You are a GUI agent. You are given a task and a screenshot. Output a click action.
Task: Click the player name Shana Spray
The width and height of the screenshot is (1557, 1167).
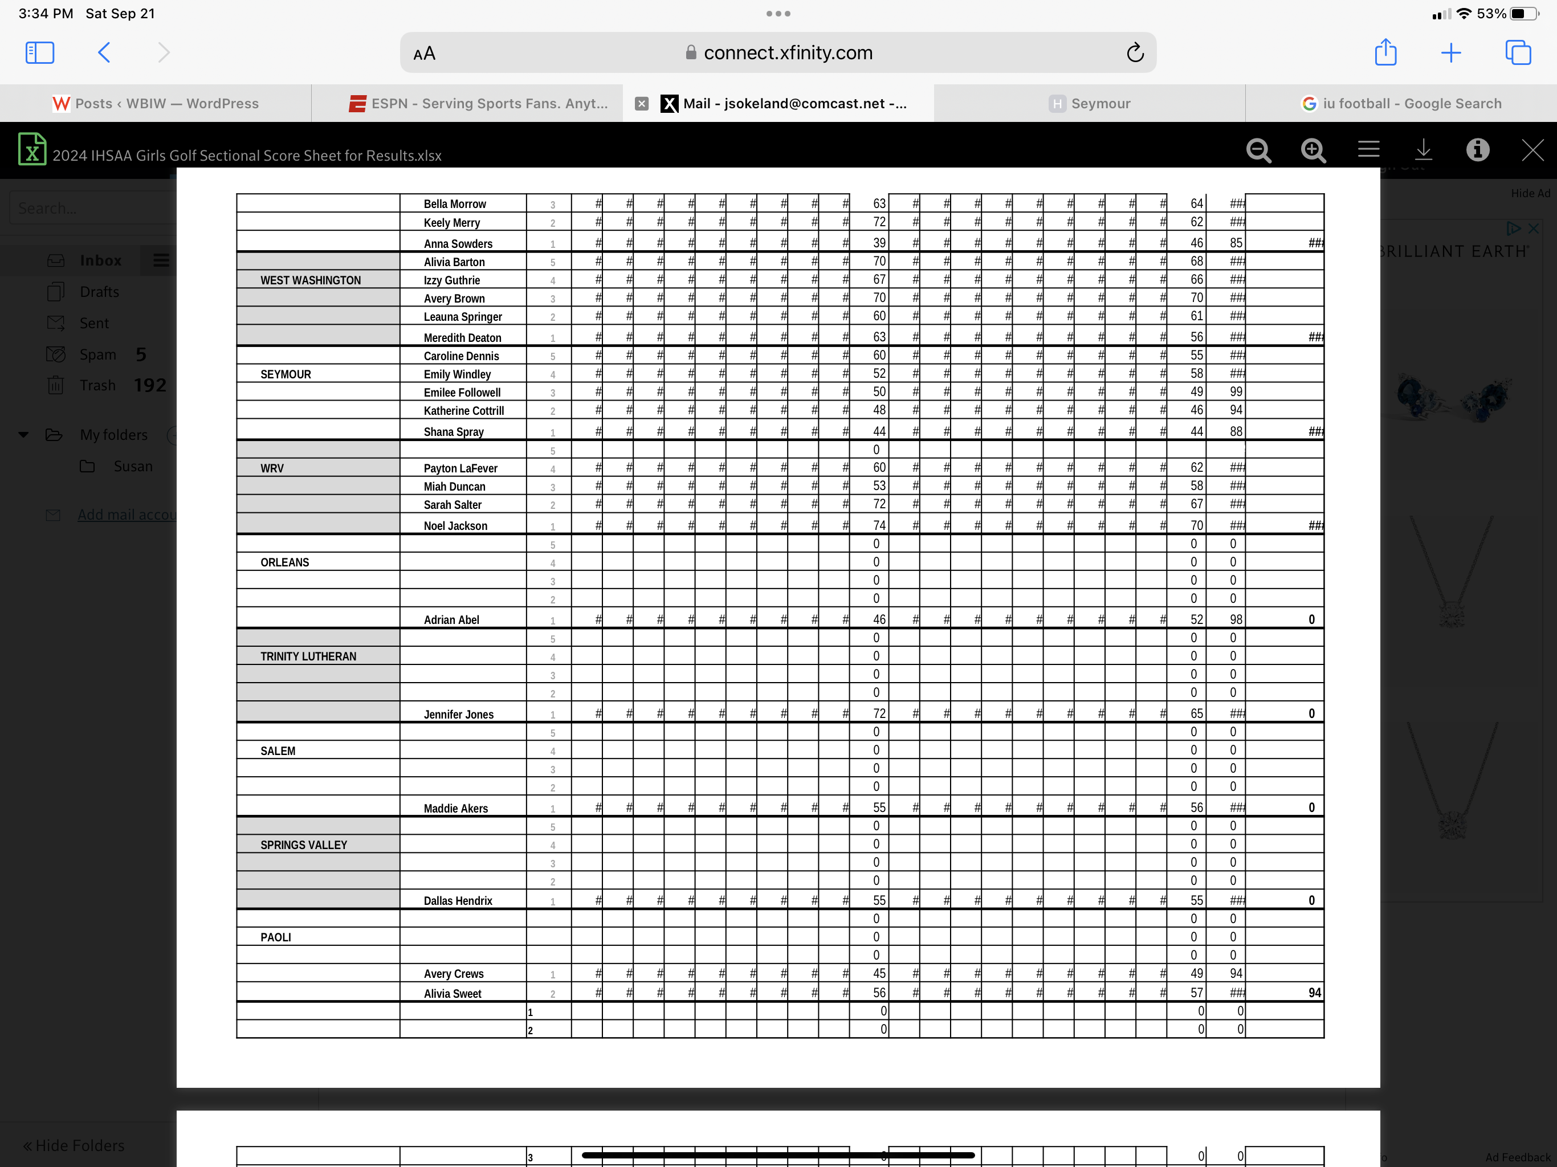click(x=453, y=431)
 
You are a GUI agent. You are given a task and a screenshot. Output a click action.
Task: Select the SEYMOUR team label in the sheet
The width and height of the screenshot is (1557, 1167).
click(x=285, y=374)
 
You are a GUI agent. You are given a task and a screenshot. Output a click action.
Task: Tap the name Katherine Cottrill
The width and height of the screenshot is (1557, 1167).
click(x=463, y=410)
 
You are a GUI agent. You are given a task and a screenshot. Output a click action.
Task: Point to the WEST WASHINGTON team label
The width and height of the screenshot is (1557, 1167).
click(x=311, y=280)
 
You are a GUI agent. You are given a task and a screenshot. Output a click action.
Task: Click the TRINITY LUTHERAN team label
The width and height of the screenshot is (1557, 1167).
click(x=308, y=656)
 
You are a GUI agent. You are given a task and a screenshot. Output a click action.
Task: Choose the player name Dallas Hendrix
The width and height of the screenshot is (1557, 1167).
click(x=458, y=901)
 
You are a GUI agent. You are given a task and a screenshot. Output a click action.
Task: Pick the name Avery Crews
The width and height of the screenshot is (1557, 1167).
click(x=453, y=973)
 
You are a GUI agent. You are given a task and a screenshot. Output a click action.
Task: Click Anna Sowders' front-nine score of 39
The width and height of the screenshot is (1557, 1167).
click(x=879, y=243)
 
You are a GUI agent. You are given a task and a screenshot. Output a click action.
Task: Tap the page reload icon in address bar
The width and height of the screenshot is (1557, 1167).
click(x=1135, y=53)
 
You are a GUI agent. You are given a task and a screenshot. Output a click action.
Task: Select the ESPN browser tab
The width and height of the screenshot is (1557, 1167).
click(x=479, y=104)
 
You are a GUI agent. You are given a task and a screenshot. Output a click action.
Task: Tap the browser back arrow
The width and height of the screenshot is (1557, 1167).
click(x=104, y=53)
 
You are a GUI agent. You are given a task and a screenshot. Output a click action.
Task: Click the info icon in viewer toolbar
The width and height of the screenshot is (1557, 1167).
click(x=1477, y=150)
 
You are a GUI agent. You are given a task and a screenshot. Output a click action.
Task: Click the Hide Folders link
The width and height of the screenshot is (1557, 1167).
click(x=74, y=1145)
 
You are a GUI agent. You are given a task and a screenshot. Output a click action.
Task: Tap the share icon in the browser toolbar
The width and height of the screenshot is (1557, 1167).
click(x=1385, y=53)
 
